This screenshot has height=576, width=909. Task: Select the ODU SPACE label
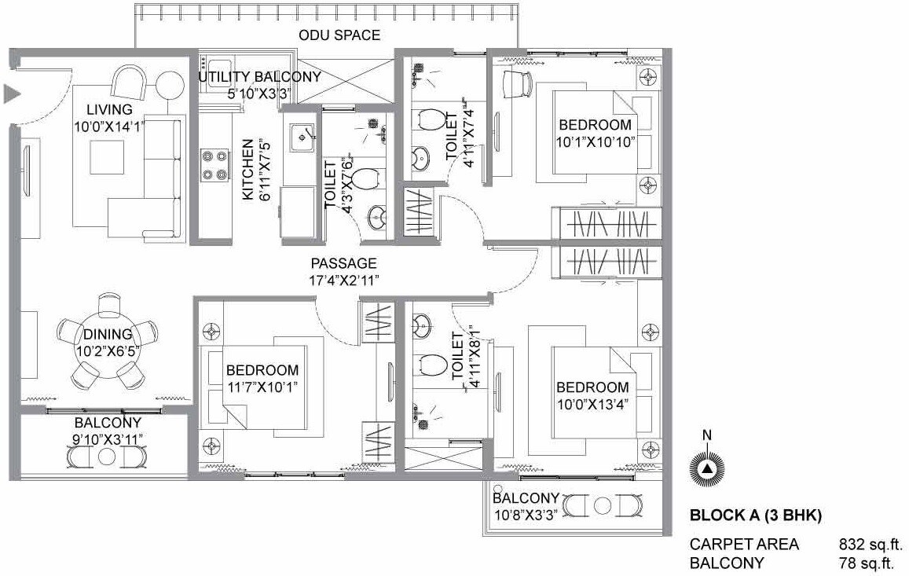click(339, 35)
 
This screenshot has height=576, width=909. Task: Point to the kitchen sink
click(300, 137)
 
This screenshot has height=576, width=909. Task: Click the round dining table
click(108, 343)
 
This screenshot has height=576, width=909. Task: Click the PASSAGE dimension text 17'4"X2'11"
click(343, 280)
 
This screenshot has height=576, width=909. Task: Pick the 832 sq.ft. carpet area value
click(871, 544)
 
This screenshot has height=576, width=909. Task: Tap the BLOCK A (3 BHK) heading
click(755, 516)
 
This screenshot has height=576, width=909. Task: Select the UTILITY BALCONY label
click(259, 77)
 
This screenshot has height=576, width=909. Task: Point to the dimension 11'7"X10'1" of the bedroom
click(262, 386)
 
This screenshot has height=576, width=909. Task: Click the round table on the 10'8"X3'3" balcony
click(602, 505)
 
